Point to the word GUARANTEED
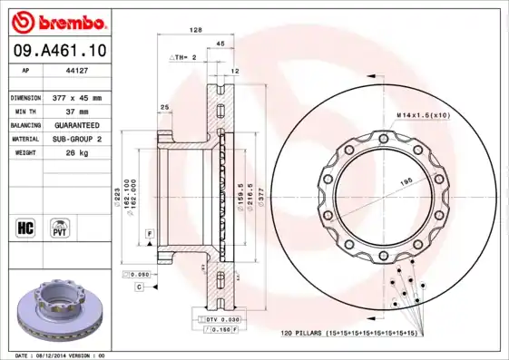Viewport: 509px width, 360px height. pos(75,124)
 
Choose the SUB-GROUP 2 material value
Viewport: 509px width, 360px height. pos(76,139)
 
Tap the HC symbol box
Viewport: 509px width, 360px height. pos(25,224)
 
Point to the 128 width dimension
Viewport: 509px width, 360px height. pos(194,30)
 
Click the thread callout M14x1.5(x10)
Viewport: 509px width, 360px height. pos(423,115)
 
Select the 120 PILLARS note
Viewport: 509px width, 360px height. pos(348,334)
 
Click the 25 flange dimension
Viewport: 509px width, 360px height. pos(164,107)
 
